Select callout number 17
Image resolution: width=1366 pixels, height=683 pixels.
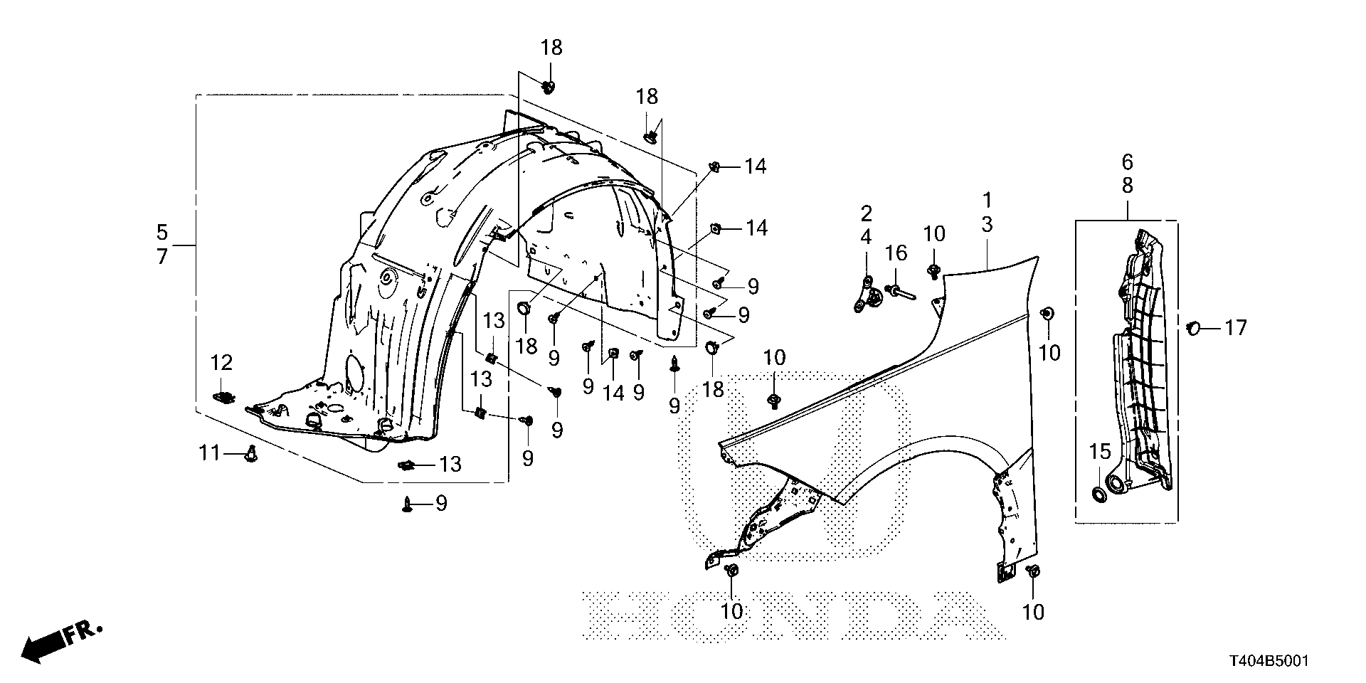(1237, 328)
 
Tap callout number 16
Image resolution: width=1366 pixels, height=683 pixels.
(896, 253)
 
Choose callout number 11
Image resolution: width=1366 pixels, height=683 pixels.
(209, 452)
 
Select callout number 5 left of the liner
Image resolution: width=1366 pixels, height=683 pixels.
(162, 232)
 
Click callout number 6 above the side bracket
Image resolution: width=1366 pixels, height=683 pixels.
(1128, 162)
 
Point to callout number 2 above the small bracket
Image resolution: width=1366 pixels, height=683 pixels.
(866, 213)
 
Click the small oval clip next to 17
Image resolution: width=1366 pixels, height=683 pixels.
(1194, 327)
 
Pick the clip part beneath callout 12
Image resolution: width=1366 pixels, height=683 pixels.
(224, 396)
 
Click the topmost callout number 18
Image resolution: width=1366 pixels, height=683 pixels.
(551, 48)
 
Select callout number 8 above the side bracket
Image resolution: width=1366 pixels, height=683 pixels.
(1128, 186)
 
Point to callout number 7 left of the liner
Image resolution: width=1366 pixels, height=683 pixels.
(162, 256)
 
